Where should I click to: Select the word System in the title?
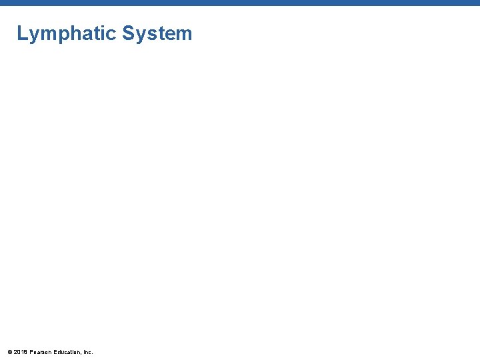pyautogui.click(x=157, y=33)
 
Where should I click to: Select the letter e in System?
pyautogui.click(x=169, y=35)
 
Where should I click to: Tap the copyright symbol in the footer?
pyautogui.click(x=9, y=351)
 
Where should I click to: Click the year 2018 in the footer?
pyautogui.click(x=21, y=351)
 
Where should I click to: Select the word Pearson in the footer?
pyautogui.click(x=41, y=351)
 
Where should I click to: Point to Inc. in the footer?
pyautogui.click(x=88, y=351)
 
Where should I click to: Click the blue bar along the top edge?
pyautogui.click(x=240, y=3)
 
